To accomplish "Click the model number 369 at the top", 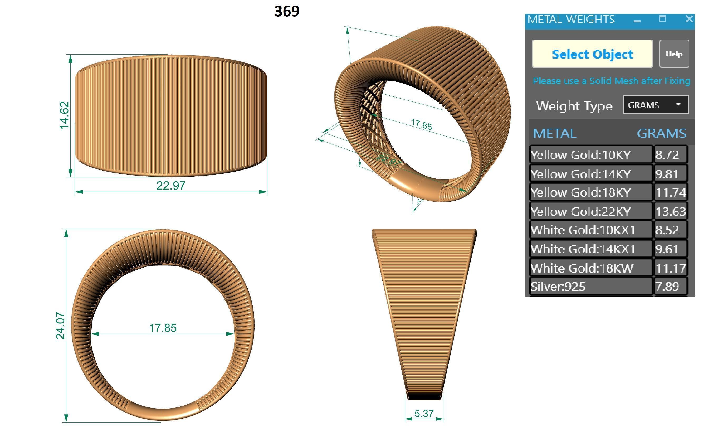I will [x=287, y=11].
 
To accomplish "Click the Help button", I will [x=674, y=54].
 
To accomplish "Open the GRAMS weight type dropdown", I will [x=656, y=105].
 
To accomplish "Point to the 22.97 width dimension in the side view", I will [x=171, y=186].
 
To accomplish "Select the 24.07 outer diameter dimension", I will [x=61, y=326].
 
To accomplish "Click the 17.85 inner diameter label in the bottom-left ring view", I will [x=163, y=328].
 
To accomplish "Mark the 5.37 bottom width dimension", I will [x=424, y=413].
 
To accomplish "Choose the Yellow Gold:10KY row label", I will [x=580, y=155].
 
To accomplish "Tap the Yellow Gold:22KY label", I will [x=580, y=211].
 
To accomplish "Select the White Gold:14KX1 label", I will [x=583, y=249].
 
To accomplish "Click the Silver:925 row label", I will [x=558, y=287].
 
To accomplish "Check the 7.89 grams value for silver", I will [x=667, y=287].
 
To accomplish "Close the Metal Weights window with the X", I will [x=689, y=19].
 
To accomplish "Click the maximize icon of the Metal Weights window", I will [x=663, y=19].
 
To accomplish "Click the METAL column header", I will [x=554, y=133].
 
